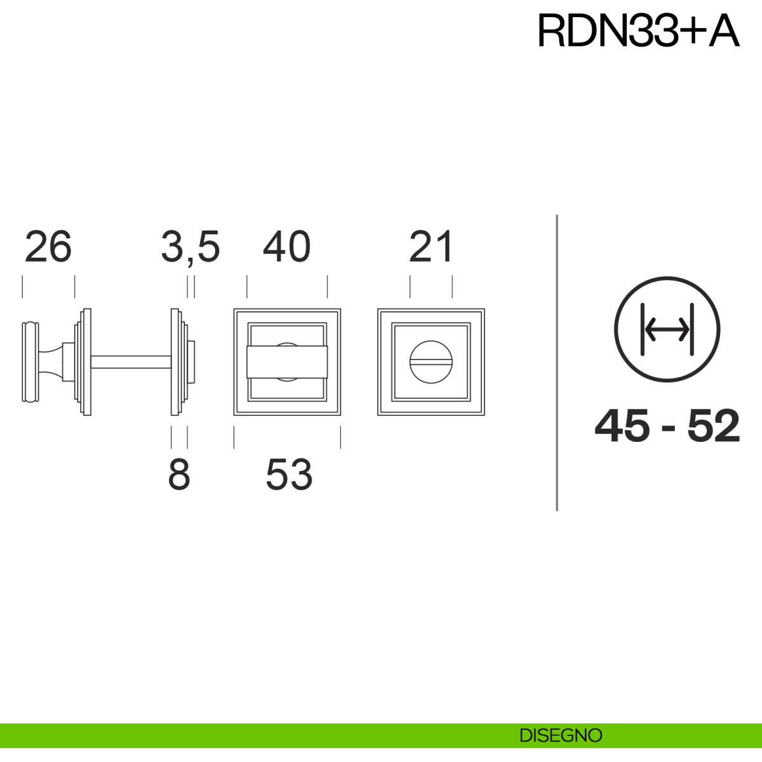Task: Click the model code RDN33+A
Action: coord(638,30)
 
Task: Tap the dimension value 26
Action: coord(48,247)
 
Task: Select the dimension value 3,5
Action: coord(190,247)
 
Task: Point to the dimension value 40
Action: coord(286,247)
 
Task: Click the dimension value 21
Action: coord(431,247)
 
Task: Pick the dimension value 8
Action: coord(179,474)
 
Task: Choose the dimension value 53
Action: coord(289,474)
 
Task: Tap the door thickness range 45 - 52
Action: coord(667,426)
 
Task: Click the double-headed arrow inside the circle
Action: coord(667,330)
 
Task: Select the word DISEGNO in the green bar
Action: coord(561,735)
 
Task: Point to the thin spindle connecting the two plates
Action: coord(131,362)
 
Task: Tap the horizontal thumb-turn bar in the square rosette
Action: coord(287,362)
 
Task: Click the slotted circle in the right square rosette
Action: coord(431,362)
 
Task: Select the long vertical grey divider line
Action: coord(557,362)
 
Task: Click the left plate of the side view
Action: coord(86,362)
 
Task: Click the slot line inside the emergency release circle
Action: coord(431,363)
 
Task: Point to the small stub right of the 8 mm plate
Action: coord(191,362)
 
